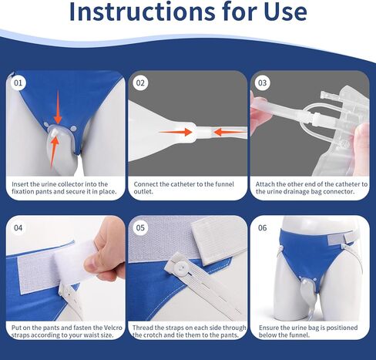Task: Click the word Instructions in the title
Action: tap(142, 12)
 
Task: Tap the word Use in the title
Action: tap(285, 12)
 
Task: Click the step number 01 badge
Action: tap(18, 82)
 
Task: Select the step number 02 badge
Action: tap(140, 82)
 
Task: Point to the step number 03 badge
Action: tap(262, 82)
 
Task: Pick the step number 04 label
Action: tap(18, 227)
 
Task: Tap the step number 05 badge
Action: tap(140, 227)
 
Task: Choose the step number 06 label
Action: tap(262, 227)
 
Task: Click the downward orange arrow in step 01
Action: tap(58, 107)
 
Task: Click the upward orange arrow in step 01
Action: tap(54, 153)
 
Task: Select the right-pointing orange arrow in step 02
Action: tap(175, 132)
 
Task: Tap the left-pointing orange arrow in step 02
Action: tap(230, 133)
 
